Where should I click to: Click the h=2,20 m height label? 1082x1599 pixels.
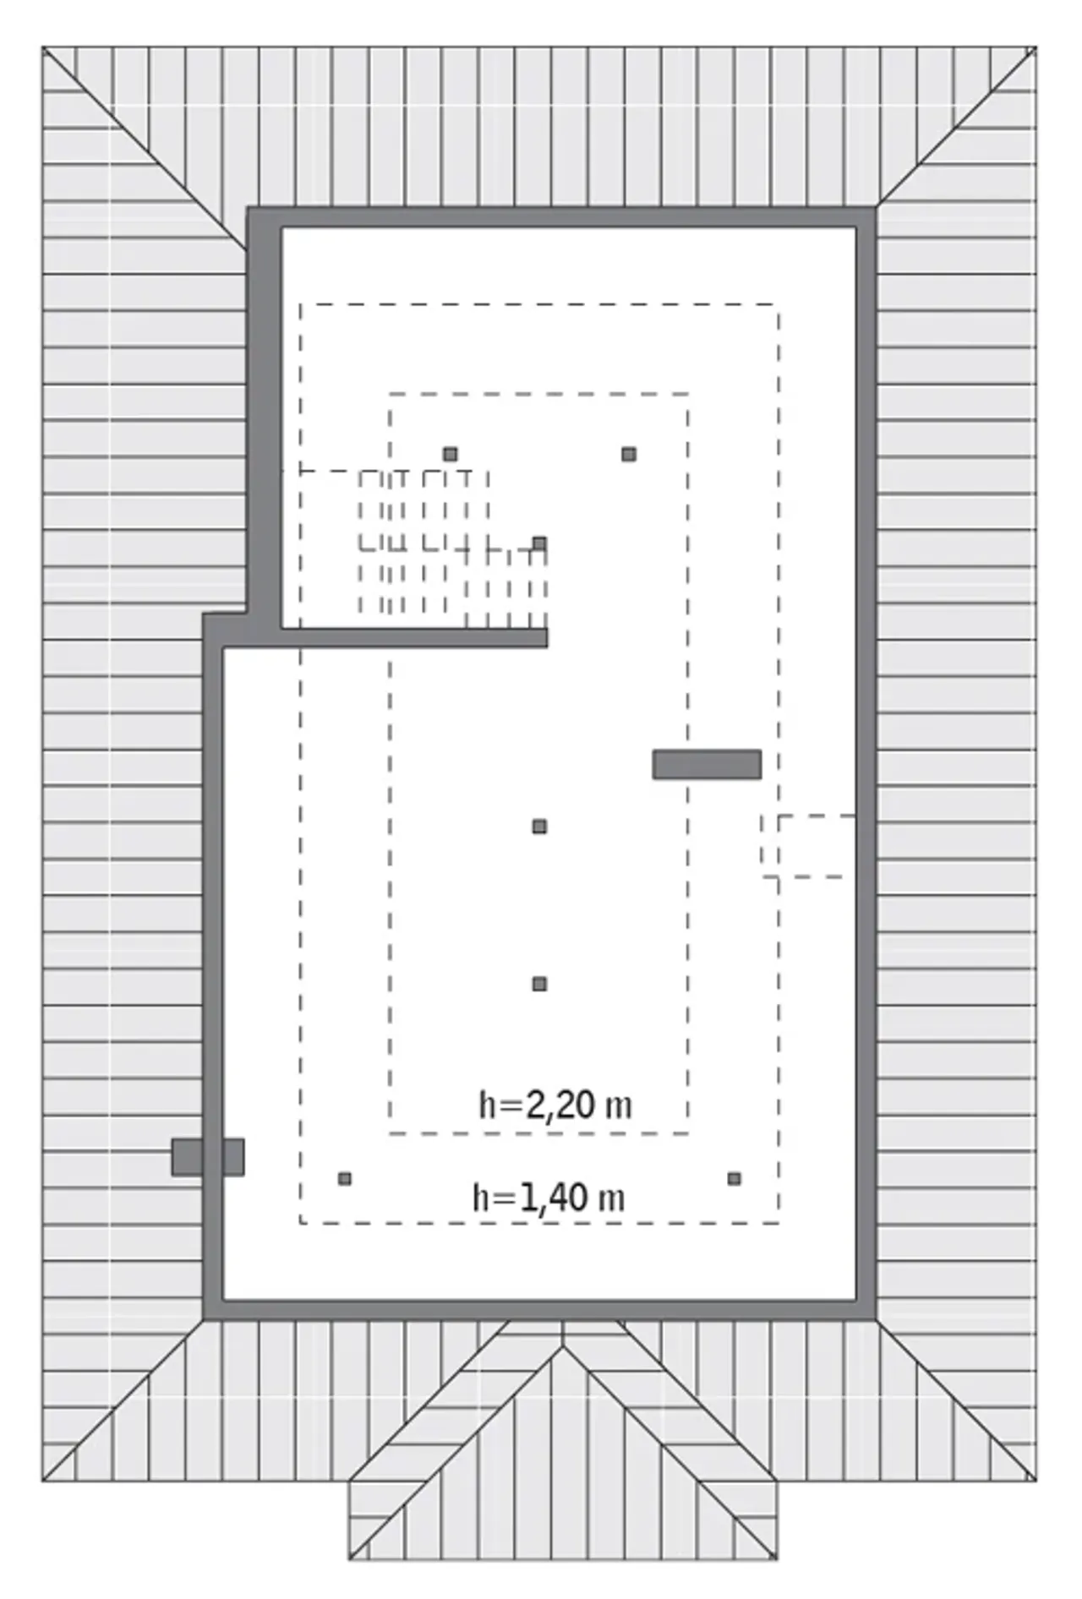point(555,1105)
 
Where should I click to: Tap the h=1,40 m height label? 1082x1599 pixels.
point(549,1198)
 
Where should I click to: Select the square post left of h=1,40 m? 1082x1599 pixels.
point(344,1178)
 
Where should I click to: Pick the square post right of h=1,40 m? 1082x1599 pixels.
point(734,1178)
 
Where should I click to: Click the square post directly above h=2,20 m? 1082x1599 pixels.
point(539,984)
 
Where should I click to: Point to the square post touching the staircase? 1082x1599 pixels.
point(539,543)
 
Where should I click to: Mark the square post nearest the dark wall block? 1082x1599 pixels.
point(539,827)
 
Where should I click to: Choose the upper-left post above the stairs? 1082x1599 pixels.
point(451,455)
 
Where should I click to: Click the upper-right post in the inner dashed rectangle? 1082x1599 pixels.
point(629,455)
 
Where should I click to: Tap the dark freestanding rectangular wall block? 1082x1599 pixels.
point(707,765)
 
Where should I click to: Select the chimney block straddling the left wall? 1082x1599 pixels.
point(208,1157)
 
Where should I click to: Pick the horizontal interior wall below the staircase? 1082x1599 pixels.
point(414,638)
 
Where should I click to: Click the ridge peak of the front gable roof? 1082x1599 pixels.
point(563,1345)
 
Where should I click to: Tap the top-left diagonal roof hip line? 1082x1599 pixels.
point(145,149)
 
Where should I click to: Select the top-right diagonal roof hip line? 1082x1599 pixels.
point(956,127)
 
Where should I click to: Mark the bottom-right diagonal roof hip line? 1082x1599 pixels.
point(956,1400)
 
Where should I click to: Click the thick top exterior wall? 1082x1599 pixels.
point(561,217)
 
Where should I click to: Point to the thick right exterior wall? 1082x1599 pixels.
point(866,763)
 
